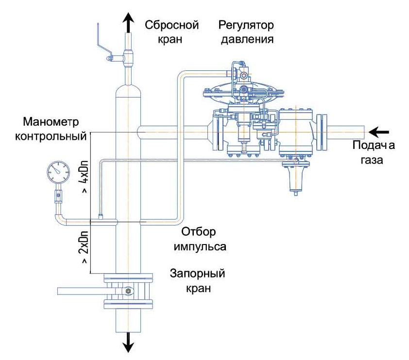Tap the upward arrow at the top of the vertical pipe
(128, 23)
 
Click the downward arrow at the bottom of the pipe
(128, 342)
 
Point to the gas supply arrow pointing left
(379, 132)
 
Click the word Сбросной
(172, 25)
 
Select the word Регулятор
(246, 25)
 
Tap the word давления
(247, 40)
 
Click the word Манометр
(51, 122)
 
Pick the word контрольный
(51, 136)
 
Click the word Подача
(374, 146)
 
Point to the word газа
(372, 160)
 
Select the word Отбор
(199, 231)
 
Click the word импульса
(200, 246)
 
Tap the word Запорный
(198, 274)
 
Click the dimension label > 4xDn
(85, 177)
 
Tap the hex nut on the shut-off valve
(128, 291)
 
